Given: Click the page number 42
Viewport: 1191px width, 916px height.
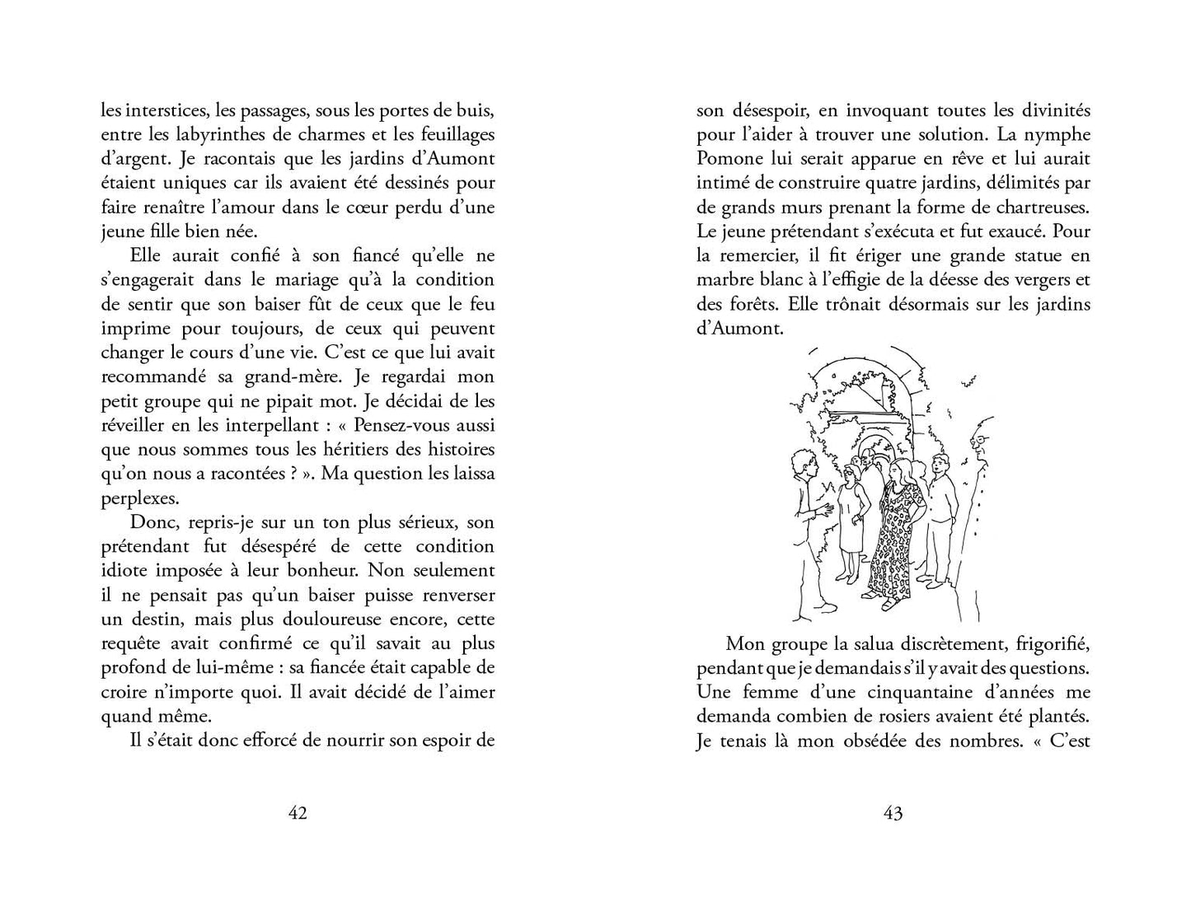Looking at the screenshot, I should pos(298,813).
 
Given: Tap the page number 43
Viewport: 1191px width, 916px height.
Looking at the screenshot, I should pos(893,813).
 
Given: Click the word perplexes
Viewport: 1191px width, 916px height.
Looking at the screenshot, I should pos(140,498).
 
